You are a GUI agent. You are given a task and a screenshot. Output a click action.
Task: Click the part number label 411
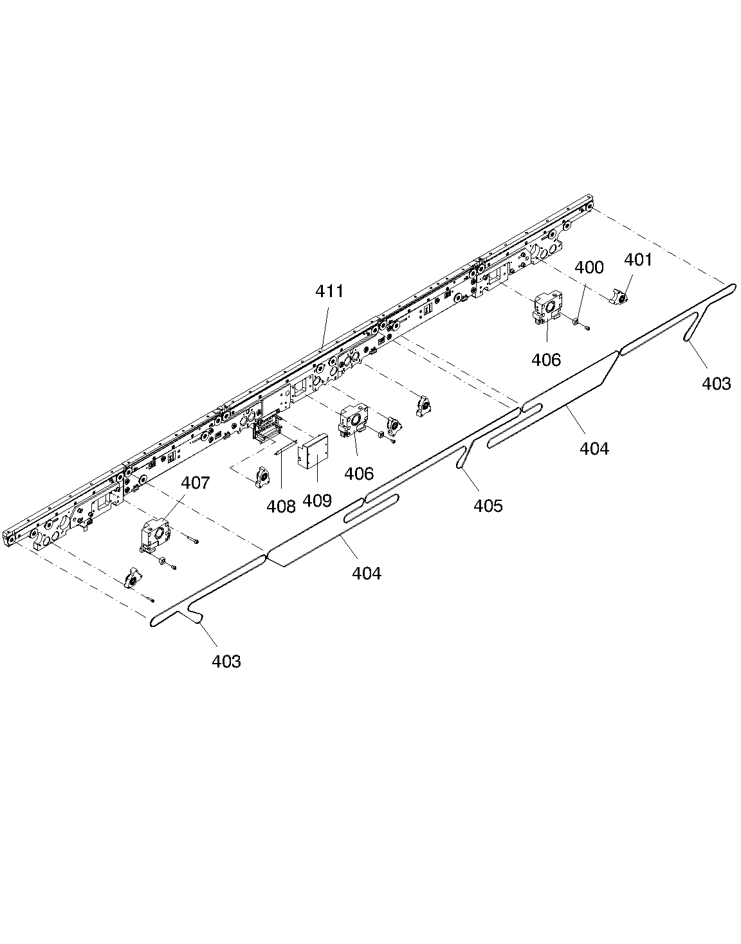tap(329, 291)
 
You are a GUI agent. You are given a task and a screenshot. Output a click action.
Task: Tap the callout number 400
tap(589, 267)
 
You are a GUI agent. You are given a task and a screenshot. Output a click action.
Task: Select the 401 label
tap(638, 260)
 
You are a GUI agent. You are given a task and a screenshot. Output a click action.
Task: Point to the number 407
tap(196, 482)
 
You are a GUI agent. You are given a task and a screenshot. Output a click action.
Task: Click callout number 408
tap(281, 506)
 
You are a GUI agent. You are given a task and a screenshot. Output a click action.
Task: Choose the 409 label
tap(317, 500)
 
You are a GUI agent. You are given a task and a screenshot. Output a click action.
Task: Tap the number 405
tap(488, 505)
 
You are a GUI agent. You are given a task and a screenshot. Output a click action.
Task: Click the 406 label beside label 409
tap(359, 474)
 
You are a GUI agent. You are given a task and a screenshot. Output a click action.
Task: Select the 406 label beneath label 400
tap(546, 360)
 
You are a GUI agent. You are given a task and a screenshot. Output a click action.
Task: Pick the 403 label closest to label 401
tap(717, 384)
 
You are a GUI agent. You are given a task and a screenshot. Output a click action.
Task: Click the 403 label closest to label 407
tap(226, 661)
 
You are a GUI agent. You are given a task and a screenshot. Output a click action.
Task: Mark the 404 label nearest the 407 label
tap(367, 573)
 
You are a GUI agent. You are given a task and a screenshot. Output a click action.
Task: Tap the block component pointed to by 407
tap(155, 534)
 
